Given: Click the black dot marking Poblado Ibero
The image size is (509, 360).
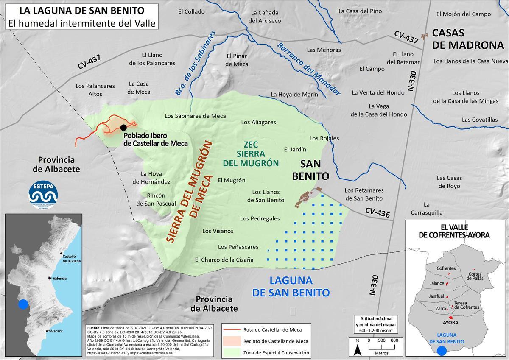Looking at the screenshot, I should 123,127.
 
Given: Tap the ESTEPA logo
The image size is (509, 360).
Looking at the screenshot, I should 43,194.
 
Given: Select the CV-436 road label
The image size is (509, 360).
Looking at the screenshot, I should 377,212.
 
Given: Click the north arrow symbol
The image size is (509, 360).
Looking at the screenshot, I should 357,349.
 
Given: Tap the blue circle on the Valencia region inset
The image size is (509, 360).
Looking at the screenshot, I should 23,304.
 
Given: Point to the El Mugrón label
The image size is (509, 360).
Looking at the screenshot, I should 231,180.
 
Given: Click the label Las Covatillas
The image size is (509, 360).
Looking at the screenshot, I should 479,120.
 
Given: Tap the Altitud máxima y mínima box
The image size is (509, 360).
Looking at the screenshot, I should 376,324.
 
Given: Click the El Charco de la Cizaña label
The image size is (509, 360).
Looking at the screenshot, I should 224,260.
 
